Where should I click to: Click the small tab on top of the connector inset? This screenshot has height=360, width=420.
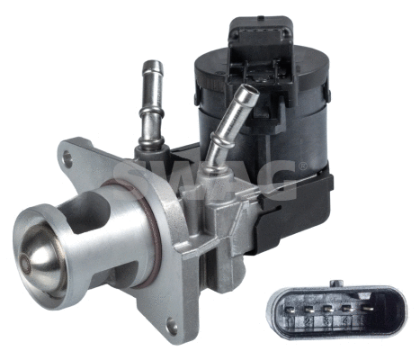point(335,283)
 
